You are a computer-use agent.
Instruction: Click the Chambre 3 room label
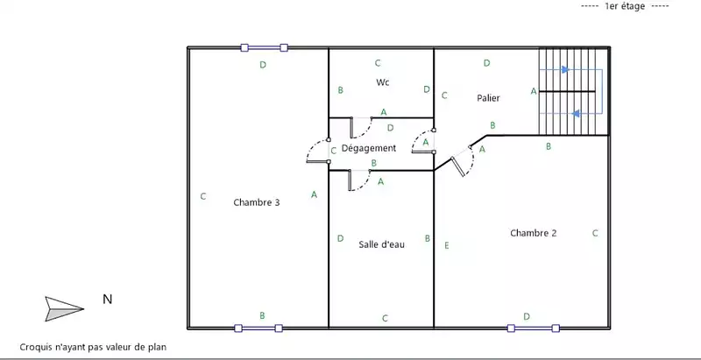tap(257, 202)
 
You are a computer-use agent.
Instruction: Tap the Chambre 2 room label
tap(534, 233)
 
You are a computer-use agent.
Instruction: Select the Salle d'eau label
tap(381, 244)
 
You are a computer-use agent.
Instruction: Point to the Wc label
tap(383, 82)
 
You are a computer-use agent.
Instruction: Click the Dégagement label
tap(369, 148)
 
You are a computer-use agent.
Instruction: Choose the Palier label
tap(488, 97)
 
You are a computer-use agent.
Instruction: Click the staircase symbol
tap(571, 90)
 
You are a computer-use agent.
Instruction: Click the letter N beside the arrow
tap(107, 300)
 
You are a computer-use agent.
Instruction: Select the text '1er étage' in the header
tap(624, 7)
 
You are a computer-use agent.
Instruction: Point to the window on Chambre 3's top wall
tap(265, 48)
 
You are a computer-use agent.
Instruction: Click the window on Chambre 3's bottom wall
tap(258, 328)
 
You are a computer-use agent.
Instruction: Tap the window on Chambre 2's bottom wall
tap(533, 328)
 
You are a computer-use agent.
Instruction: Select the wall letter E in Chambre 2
tap(446, 245)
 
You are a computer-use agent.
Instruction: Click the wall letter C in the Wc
tap(378, 62)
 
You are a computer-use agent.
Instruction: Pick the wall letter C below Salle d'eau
tap(385, 317)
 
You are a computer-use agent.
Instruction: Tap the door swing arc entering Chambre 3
tap(315, 153)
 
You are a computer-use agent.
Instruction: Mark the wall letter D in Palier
tap(487, 62)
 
